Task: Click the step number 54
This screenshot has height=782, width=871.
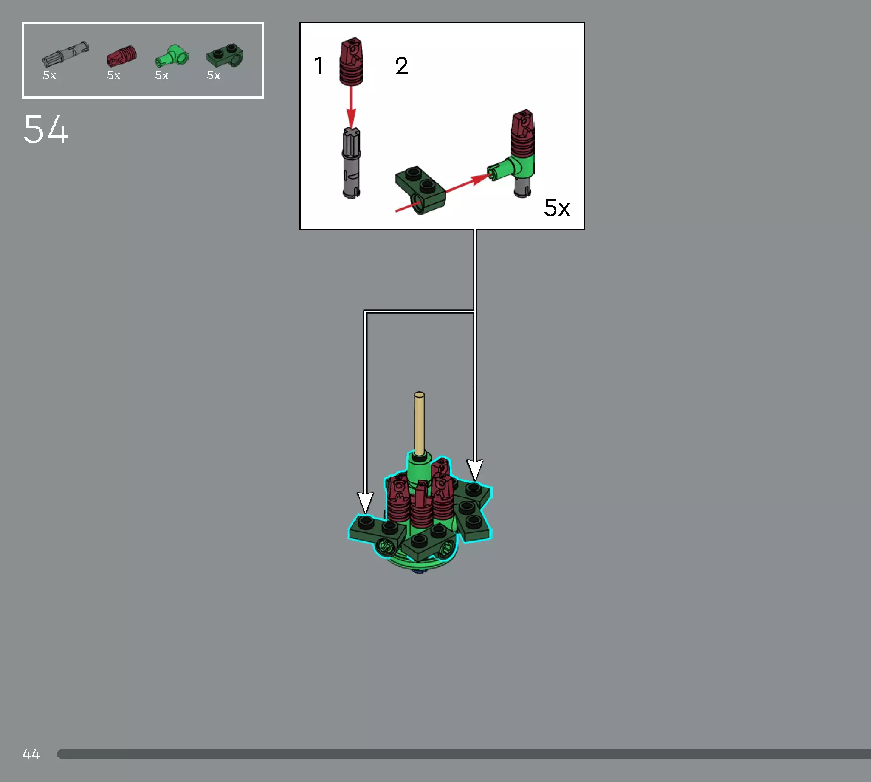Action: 46,129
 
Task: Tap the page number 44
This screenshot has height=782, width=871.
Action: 31,754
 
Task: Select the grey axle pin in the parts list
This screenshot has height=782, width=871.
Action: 65,54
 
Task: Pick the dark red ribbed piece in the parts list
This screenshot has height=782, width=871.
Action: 121,56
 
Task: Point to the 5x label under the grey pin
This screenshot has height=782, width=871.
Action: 50,76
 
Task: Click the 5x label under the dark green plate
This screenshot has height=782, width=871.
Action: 213,76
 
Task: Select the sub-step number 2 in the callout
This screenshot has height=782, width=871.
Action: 401,66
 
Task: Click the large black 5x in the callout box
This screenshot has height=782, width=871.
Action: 557,208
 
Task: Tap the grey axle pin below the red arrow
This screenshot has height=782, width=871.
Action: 351,163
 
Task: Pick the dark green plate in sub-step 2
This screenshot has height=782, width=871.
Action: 420,189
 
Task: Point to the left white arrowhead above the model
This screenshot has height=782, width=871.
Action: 365,503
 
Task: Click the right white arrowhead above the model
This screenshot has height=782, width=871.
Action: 475,470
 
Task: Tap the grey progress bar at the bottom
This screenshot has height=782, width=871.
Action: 463,754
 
